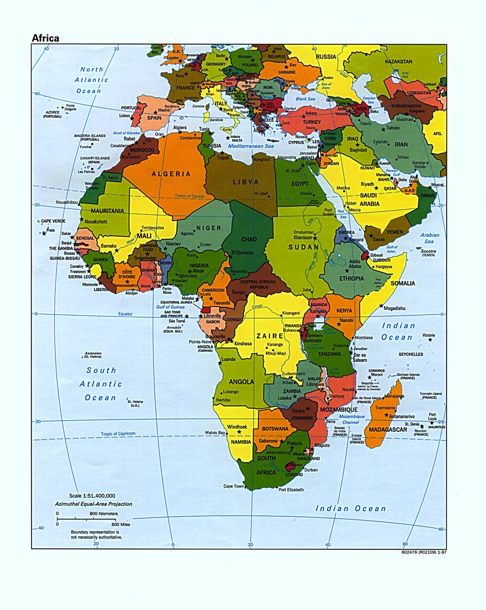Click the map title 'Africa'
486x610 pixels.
(45, 38)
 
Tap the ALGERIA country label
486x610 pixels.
(171, 174)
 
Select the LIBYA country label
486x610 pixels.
(246, 182)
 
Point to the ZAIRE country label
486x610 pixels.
(270, 336)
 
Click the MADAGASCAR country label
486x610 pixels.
(388, 429)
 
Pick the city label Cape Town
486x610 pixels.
(234, 486)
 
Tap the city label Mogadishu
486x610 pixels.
(394, 308)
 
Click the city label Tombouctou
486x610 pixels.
(153, 228)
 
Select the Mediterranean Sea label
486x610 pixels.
(251, 146)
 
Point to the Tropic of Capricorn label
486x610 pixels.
(118, 434)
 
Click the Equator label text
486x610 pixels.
(125, 314)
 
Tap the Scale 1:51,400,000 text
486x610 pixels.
(92, 495)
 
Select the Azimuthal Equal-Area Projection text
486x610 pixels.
(93, 504)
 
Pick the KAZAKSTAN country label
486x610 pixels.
(398, 62)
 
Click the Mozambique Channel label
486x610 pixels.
(351, 419)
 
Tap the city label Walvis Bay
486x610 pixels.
(215, 432)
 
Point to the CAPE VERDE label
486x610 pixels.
(53, 221)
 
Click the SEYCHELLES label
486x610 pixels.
(411, 354)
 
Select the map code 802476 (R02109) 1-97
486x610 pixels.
(424, 552)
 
